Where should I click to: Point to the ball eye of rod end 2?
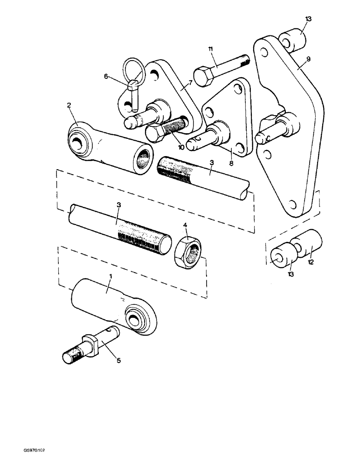point(78,142)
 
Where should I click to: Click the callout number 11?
point(210,49)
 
